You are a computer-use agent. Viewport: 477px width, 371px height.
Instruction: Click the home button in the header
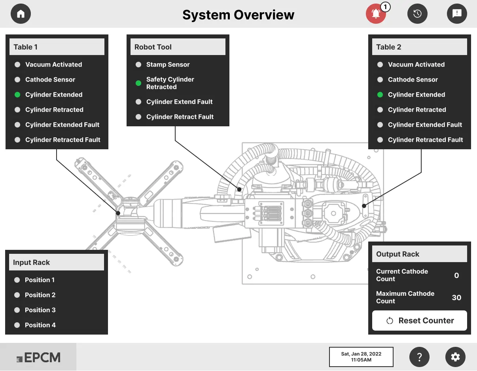21,14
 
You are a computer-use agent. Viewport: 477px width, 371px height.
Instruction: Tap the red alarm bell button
376,14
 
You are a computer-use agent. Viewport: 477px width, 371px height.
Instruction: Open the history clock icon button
417,14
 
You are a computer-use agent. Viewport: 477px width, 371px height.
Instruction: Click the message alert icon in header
457,14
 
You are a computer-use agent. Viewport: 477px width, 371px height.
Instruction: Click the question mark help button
420,357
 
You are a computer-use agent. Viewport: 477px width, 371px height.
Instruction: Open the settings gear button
455,357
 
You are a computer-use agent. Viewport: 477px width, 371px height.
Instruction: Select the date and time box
361,357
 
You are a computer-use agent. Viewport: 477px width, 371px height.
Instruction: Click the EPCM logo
38,358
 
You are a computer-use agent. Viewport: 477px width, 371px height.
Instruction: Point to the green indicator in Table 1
17,95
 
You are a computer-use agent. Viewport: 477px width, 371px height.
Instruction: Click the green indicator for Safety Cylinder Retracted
138,83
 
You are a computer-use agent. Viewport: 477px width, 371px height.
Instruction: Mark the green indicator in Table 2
380,95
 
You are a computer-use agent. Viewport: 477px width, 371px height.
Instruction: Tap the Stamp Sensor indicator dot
138,65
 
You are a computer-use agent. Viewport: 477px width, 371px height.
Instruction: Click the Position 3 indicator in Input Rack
17,310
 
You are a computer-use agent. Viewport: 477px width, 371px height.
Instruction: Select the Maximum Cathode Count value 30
456,297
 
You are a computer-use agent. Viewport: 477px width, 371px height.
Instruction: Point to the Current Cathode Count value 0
456,275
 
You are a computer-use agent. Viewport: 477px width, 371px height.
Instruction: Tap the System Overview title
238,15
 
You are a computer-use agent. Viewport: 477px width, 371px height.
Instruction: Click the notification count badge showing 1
386,7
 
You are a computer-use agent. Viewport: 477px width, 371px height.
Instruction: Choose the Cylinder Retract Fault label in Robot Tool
180,117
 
